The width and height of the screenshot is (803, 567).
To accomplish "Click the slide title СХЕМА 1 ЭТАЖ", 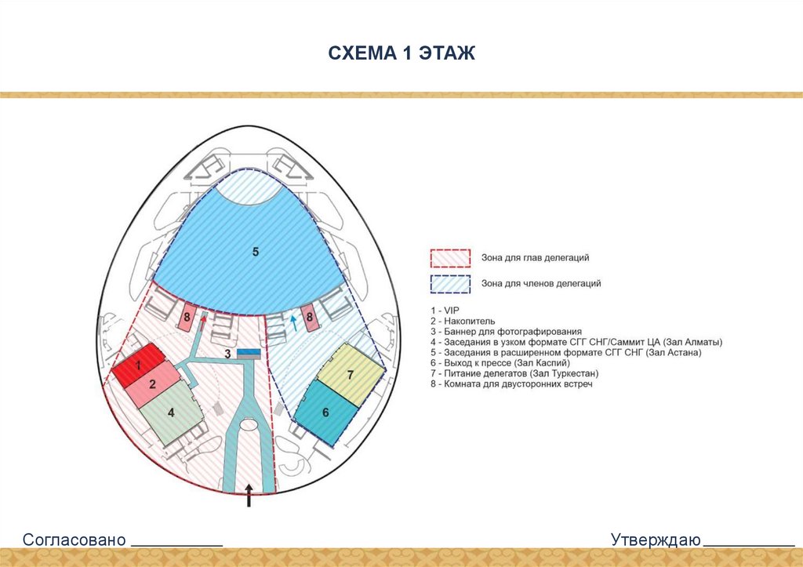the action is tap(401, 53).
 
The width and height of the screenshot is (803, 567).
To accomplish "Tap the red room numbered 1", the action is tap(137, 367).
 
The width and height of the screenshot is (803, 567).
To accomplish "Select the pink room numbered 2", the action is tap(153, 384).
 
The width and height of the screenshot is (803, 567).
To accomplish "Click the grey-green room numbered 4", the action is tap(171, 412).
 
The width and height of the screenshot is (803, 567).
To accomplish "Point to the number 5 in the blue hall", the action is tap(256, 252).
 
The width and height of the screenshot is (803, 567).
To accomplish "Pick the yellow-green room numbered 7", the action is tap(351, 375).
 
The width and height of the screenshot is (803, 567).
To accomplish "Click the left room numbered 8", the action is tap(187, 319).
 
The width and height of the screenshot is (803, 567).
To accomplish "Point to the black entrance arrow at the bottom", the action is tap(249, 495).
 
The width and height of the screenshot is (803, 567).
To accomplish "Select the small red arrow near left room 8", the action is tap(205, 317).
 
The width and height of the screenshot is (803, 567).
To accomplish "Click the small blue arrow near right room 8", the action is tap(294, 318).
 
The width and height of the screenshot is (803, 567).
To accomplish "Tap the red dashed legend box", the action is tap(449, 258).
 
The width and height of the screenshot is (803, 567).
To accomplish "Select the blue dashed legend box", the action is tap(449, 284).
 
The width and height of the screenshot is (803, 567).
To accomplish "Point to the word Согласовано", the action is tap(74, 540).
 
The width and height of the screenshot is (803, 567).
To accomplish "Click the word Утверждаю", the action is tap(656, 540).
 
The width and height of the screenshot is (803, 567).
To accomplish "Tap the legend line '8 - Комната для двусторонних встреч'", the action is tap(511, 384).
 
